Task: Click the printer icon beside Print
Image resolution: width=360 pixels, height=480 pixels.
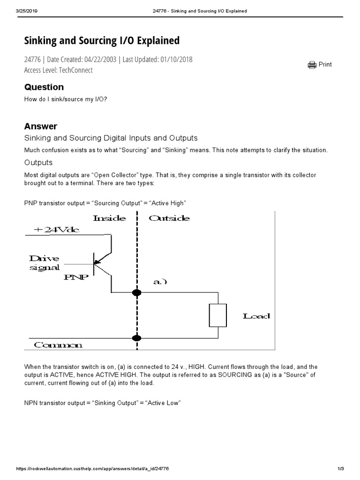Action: click(x=312, y=65)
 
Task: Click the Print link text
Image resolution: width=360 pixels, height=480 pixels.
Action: click(x=325, y=65)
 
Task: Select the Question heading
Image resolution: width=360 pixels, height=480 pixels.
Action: click(x=44, y=87)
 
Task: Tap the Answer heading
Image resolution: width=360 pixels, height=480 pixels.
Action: click(x=40, y=126)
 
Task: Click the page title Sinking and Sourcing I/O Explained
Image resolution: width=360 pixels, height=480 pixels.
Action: click(x=102, y=41)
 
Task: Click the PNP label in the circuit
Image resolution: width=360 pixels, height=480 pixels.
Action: click(x=76, y=277)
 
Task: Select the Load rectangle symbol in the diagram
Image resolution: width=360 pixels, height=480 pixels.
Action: click(x=218, y=315)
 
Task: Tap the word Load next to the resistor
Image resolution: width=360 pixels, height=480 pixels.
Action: click(x=256, y=316)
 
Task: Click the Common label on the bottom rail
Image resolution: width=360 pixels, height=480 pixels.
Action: click(x=58, y=345)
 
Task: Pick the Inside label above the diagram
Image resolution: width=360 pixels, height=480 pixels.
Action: click(x=110, y=218)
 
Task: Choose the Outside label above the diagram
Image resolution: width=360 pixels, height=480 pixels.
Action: click(x=169, y=218)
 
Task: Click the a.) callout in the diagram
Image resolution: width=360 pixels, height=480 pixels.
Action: click(x=160, y=282)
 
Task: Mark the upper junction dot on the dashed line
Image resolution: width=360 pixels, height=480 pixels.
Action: click(x=137, y=293)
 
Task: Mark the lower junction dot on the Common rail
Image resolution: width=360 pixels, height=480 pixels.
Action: click(x=137, y=338)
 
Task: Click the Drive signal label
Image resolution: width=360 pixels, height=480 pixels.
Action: click(x=45, y=263)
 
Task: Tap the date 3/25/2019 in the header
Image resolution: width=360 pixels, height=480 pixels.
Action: click(x=26, y=11)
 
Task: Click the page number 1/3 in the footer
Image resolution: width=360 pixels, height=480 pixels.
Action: click(x=341, y=469)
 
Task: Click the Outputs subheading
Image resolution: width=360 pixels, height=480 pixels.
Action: click(x=38, y=163)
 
